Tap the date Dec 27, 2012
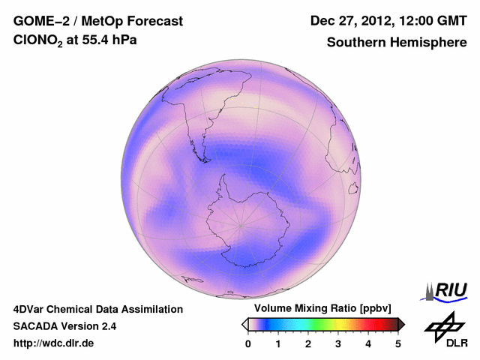(x=352, y=21)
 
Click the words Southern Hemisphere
(x=397, y=43)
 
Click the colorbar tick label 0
(x=248, y=343)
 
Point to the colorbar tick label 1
(x=278, y=343)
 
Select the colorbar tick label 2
(x=308, y=343)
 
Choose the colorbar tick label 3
(x=338, y=343)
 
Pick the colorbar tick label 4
(x=368, y=343)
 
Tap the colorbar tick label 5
(x=398, y=343)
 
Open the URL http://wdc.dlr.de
(x=54, y=343)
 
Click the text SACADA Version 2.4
(x=64, y=326)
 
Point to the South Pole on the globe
(x=241, y=225)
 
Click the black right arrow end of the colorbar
(x=401, y=324)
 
